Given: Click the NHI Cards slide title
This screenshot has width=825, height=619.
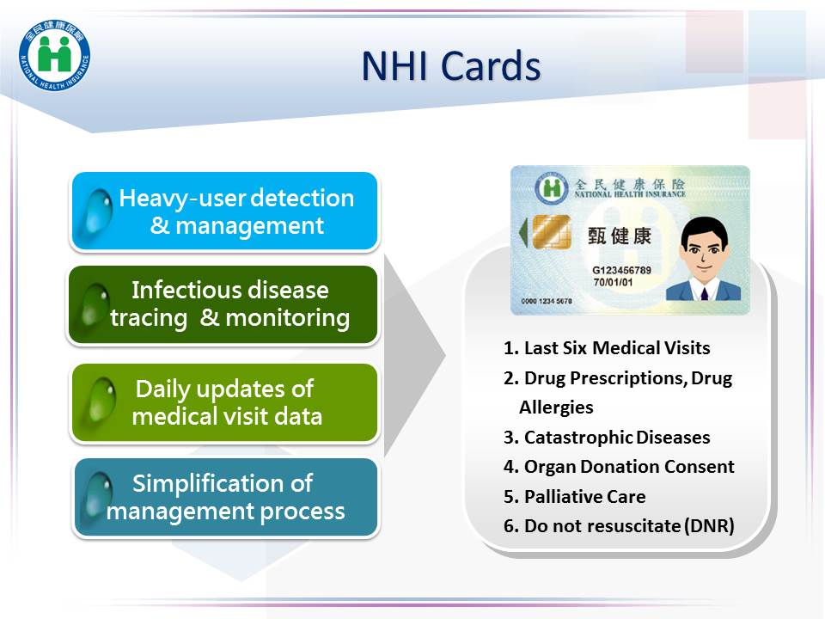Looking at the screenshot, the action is click(451, 66).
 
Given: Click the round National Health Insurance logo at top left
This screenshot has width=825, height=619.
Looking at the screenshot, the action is click(54, 54).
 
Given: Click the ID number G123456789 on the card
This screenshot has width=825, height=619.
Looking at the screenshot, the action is click(621, 270).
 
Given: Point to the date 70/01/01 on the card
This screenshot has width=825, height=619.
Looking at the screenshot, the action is click(613, 282).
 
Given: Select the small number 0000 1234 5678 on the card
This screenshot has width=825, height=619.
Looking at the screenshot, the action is click(547, 301).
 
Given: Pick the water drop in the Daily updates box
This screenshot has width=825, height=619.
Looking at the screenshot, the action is click(100, 402).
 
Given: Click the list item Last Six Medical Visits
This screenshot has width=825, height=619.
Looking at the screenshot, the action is click(607, 348).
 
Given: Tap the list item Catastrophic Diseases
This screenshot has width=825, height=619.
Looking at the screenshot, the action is click(607, 438).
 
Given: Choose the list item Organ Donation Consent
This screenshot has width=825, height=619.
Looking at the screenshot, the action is click(619, 466).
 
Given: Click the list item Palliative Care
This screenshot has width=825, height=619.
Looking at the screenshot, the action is click(575, 496).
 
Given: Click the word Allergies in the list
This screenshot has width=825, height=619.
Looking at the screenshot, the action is click(556, 408).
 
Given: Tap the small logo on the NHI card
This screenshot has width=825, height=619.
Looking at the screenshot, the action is click(552, 188).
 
